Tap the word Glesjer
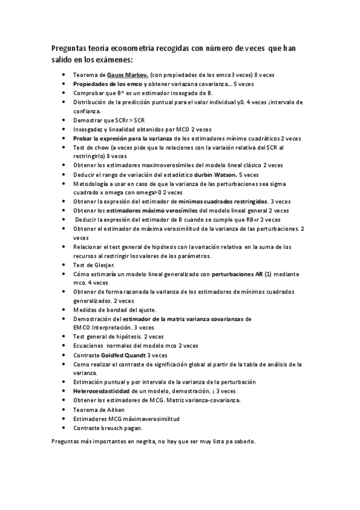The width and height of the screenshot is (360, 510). click(x=101, y=265)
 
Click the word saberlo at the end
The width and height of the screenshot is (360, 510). click(x=243, y=441)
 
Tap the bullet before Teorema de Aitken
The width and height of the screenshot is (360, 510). click(x=64, y=409)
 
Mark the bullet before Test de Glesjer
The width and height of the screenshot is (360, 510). click(x=64, y=265)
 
